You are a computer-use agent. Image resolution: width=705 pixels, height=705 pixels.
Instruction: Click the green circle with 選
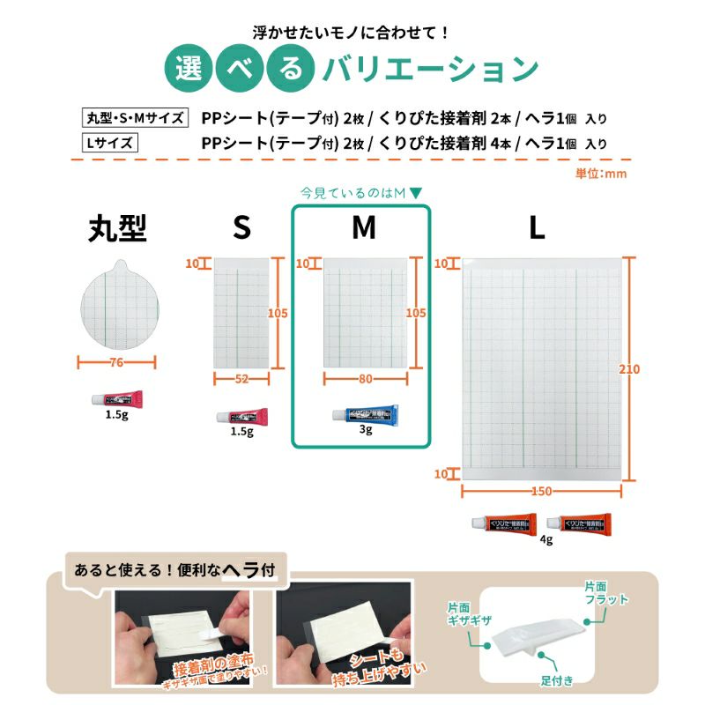(x=189, y=68)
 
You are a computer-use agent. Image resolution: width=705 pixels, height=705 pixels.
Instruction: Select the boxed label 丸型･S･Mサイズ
(x=134, y=118)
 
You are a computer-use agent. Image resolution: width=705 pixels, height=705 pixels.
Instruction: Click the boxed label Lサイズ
(x=108, y=143)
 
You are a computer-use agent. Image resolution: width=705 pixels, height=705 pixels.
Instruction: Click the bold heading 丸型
(x=117, y=228)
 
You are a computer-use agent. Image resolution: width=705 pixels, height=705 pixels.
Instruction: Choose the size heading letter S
(x=241, y=228)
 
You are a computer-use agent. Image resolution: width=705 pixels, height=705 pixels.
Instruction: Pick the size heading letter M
(x=363, y=228)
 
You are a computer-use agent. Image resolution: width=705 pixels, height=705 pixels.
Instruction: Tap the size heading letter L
(x=537, y=228)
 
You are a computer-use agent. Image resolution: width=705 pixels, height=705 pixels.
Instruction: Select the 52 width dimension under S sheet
(x=241, y=378)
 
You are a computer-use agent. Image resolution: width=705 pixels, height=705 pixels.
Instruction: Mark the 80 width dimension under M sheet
(x=365, y=378)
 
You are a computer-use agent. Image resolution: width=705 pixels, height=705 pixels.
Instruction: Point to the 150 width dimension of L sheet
(x=542, y=491)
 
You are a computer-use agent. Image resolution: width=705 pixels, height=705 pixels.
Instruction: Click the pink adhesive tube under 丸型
(x=116, y=398)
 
